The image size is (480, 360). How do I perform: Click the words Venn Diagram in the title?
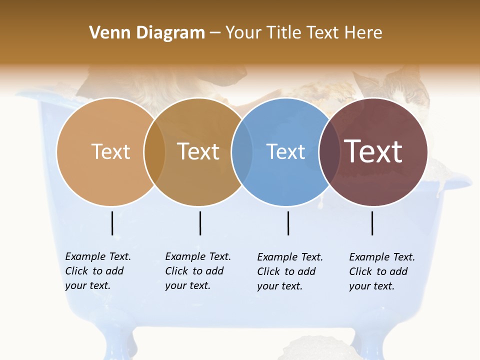147,33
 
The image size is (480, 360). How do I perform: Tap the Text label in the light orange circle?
110,151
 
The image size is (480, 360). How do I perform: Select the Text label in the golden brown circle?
198,151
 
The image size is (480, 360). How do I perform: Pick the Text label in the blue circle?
286,151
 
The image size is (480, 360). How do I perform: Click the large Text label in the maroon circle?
373,151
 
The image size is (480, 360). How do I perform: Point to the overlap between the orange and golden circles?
154,152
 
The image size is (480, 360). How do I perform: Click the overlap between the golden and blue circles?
242,152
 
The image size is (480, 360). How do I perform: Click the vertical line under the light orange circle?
112,223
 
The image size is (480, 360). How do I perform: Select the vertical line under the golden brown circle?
200,223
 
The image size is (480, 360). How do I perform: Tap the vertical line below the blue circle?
288,223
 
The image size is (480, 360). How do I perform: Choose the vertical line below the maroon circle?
372,223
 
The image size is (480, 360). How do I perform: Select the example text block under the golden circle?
198,271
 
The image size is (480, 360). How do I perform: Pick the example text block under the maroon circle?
382,271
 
